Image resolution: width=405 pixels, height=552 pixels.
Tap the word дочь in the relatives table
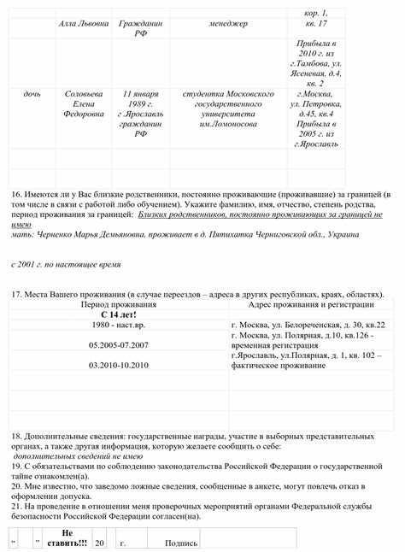(32, 91)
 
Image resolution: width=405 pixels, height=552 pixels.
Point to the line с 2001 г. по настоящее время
(66, 265)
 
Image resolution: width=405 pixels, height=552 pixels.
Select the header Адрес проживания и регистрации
(311, 304)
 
